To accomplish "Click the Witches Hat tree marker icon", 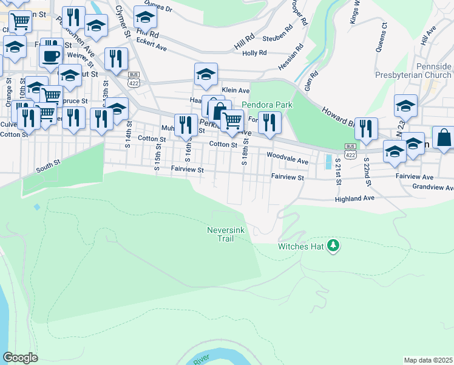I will pos(333,246).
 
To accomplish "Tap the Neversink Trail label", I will pos(225,234).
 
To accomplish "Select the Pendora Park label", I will pos(267,105).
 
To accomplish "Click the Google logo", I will pos(20,358).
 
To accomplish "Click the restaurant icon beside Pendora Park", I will pos(267,123).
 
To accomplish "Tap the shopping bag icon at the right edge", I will pos(444,137).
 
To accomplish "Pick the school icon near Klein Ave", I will pos(206,74).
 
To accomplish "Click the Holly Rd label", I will pos(255,53).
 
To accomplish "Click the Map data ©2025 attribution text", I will pos(428,360).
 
